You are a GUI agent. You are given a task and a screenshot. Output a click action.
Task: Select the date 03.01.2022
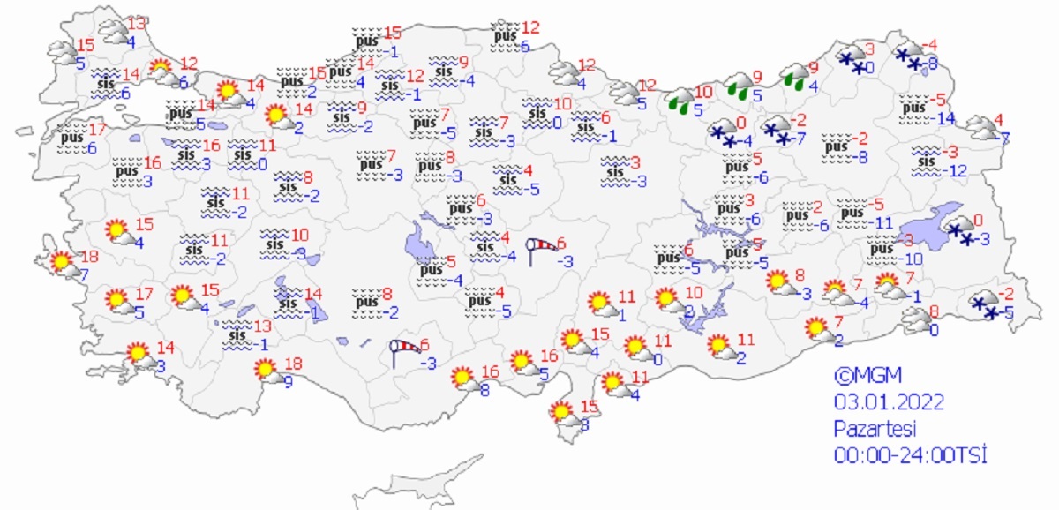[890, 402]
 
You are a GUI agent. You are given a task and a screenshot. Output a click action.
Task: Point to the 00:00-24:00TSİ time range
[909, 456]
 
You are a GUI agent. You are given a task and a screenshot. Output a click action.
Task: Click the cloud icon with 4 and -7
[980, 128]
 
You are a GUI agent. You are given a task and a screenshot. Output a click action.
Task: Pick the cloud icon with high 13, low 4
[115, 31]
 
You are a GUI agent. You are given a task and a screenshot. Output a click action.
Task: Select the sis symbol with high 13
[237, 334]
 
